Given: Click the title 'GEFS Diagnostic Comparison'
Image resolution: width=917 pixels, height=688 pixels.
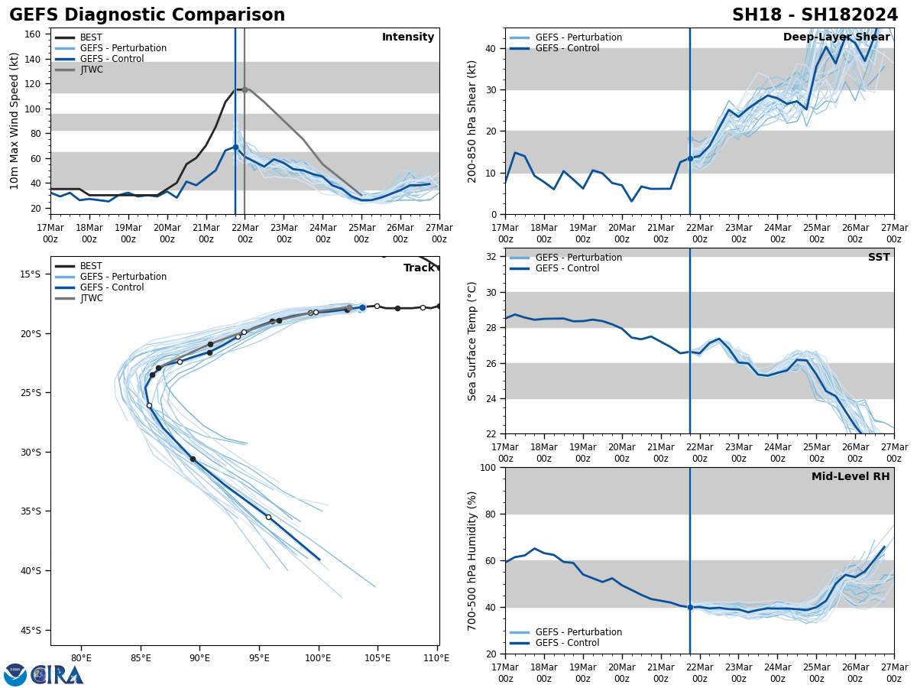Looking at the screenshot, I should (x=147, y=15).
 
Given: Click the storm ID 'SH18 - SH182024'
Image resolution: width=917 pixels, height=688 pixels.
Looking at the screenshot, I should (x=815, y=15).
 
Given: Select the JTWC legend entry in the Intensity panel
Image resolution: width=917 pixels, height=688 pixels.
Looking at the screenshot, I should (x=91, y=70).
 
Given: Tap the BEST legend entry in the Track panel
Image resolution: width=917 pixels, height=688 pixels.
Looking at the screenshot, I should (x=91, y=266).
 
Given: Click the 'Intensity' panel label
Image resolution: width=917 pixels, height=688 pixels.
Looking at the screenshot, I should (x=407, y=37).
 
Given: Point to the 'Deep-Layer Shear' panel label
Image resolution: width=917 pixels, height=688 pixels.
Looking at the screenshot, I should (x=836, y=37).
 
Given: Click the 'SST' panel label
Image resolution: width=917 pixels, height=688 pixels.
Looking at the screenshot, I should (x=878, y=258).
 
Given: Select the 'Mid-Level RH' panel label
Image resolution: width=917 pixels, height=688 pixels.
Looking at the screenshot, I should (x=850, y=477).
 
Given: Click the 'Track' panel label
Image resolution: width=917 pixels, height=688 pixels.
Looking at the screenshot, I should (x=419, y=268).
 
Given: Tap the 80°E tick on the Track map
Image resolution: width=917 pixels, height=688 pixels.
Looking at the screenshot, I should (x=81, y=657).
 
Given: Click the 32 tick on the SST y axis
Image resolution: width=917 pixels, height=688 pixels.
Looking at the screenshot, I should (x=493, y=257).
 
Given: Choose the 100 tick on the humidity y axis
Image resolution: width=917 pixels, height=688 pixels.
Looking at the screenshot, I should (x=490, y=467).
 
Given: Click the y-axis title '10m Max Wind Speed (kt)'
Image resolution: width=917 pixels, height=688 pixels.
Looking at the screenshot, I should (x=15, y=121).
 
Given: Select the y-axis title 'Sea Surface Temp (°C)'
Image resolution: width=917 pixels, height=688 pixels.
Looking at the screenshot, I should (x=472, y=341).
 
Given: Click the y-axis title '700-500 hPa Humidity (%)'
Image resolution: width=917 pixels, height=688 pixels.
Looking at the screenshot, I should (x=472, y=560).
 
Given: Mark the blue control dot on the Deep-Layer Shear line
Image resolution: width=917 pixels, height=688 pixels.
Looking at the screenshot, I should (x=690, y=158).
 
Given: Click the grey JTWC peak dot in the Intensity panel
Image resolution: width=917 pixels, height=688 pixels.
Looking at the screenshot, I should (x=245, y=89).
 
